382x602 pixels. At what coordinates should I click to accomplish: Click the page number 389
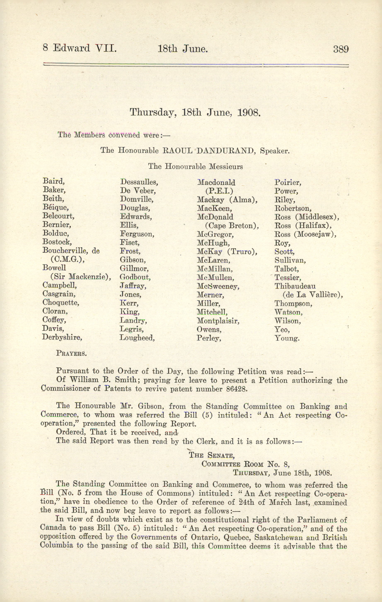pos(341,49)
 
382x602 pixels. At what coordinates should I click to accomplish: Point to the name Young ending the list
pos(287,338)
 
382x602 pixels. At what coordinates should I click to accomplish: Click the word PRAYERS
pos(71,353)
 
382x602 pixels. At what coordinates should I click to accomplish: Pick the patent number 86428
pos(235,389)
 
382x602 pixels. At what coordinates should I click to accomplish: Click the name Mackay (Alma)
pos(227,200)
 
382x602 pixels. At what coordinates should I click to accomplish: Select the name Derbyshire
pos(62,337)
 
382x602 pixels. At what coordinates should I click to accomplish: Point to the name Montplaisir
pos(218,321)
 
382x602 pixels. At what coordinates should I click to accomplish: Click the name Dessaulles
pos(139,182)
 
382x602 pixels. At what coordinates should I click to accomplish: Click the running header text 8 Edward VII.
pos(80,48)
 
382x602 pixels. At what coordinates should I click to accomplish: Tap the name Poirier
pos(288,183)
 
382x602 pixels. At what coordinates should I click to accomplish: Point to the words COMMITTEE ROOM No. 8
pos(246,464)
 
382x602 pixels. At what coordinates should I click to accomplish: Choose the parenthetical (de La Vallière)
pos(313,295)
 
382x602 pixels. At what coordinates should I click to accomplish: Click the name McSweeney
pos(218,286)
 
